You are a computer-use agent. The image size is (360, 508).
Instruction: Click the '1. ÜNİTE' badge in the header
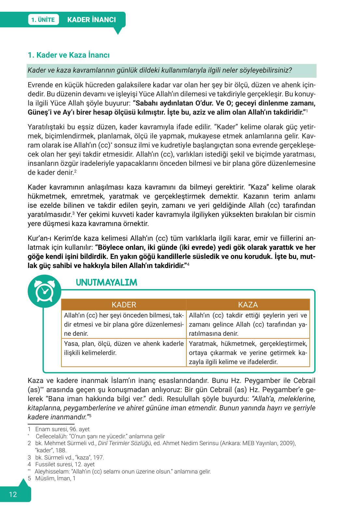43,20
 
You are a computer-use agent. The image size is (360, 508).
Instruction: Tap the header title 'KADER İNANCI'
91,20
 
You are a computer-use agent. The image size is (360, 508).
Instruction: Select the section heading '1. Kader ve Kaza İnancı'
69,55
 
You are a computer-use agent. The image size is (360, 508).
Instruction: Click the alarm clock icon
44,291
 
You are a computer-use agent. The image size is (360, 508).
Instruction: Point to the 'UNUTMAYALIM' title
106,282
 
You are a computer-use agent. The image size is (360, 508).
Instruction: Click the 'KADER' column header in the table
124,305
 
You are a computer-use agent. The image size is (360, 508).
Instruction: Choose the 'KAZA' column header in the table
248,305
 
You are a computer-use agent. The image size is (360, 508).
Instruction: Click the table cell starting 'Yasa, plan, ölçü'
124,348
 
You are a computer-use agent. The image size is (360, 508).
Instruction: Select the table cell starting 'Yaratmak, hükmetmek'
248,353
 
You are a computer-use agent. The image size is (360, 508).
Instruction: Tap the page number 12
13,494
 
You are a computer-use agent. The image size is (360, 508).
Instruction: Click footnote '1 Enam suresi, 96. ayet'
59,429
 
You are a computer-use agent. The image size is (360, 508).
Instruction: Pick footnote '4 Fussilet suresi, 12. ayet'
61,464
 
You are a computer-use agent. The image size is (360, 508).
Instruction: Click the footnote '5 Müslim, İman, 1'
52,478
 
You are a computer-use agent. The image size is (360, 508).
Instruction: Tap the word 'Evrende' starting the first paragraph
40,85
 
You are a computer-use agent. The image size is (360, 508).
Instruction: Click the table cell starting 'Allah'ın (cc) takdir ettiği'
248,324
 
